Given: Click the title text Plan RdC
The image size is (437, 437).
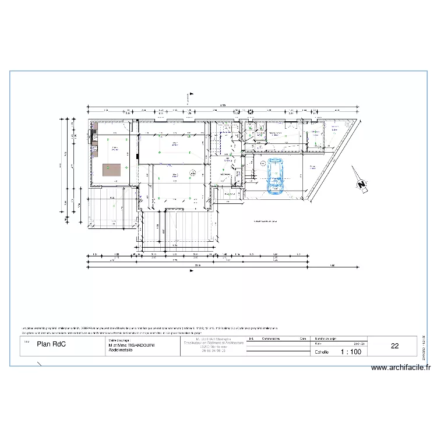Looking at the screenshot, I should [51, 344].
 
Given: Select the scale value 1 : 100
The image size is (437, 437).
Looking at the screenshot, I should [355, 352].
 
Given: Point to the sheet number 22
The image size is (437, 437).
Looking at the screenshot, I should [394, 346].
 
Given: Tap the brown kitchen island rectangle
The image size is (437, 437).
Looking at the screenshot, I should [111, 170].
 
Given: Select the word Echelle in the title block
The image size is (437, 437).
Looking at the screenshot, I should [322, 352].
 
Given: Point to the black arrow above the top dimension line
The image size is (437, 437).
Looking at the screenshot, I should [191, 94].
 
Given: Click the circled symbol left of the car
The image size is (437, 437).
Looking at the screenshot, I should [263, 163].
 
